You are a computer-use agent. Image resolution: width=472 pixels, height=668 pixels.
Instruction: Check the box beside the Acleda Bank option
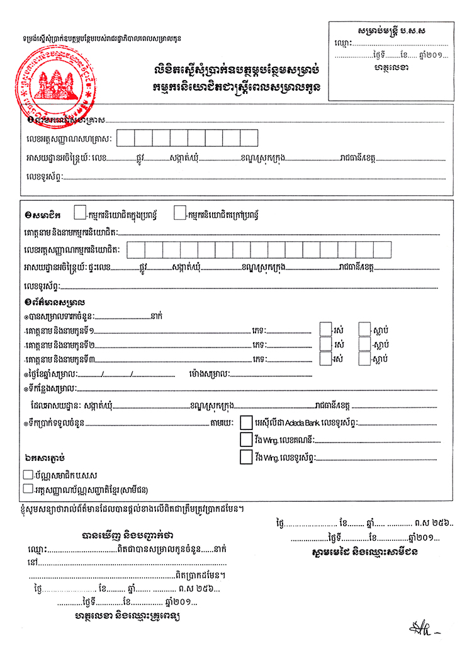click(x=246, y=421)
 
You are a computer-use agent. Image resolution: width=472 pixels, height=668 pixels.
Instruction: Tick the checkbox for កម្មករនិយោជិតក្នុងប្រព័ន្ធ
click(x=80, y=213)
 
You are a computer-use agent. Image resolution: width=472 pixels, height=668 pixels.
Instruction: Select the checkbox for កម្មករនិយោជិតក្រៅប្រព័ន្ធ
click(x=179, y=213)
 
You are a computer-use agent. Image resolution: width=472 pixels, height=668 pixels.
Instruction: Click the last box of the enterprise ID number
click(x=249, y=138)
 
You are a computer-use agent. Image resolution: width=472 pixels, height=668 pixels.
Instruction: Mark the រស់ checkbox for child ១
click(x=325, y=329)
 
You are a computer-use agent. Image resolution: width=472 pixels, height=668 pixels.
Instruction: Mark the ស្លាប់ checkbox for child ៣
click(x=364, y=358)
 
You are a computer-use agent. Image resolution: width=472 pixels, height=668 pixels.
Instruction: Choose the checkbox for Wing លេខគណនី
click(x=246, y=439)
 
